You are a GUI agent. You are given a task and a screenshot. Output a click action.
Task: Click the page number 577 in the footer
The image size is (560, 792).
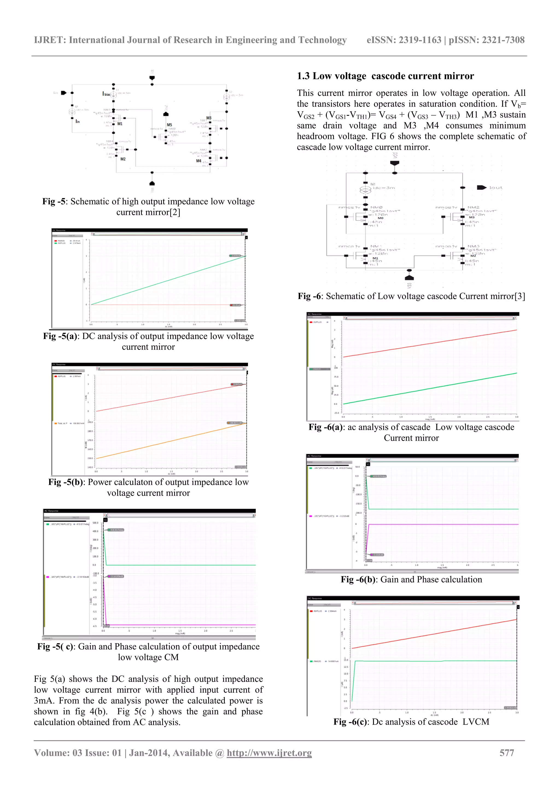pyautogui.click(x=506, y=753)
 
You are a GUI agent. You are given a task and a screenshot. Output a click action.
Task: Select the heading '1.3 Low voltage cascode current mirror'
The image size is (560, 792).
pyautogui.click(x=385, y=76)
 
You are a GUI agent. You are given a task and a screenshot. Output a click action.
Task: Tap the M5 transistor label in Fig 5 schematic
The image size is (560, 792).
pyautogui.click(x=169, y=125)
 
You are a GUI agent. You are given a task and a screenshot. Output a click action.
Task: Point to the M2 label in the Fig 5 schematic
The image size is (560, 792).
pyautogui.click(x=123, y=159)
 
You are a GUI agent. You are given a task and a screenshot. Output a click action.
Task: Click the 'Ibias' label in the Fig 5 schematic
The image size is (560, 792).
pyautogui.click(x=106, y=94)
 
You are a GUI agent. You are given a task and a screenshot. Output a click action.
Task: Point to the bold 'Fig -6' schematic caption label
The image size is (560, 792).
pyautogui.click(x=309, y=296)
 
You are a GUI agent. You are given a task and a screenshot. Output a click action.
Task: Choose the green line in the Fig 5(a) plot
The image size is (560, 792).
pyautogui.click(x=168, y=280)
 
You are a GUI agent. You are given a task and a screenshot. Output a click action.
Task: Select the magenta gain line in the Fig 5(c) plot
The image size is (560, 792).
pyautogui.click(x=179, y=625)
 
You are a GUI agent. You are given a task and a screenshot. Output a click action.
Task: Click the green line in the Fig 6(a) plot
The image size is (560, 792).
pyautogui.click(x=430, y=388)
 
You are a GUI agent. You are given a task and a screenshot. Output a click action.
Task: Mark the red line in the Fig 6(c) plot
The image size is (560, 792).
pyautogui.click(x=434, y=634)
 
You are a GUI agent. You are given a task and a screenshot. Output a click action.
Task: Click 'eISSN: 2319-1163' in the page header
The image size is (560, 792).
pyautogui.click(x=404, y=40)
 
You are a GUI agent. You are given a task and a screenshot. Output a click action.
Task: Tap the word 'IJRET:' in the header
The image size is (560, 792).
pyautogui.click(x=50, y=40)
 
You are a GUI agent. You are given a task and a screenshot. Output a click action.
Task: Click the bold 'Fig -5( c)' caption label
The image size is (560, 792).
pyautogui.click(x=55, y=647)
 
